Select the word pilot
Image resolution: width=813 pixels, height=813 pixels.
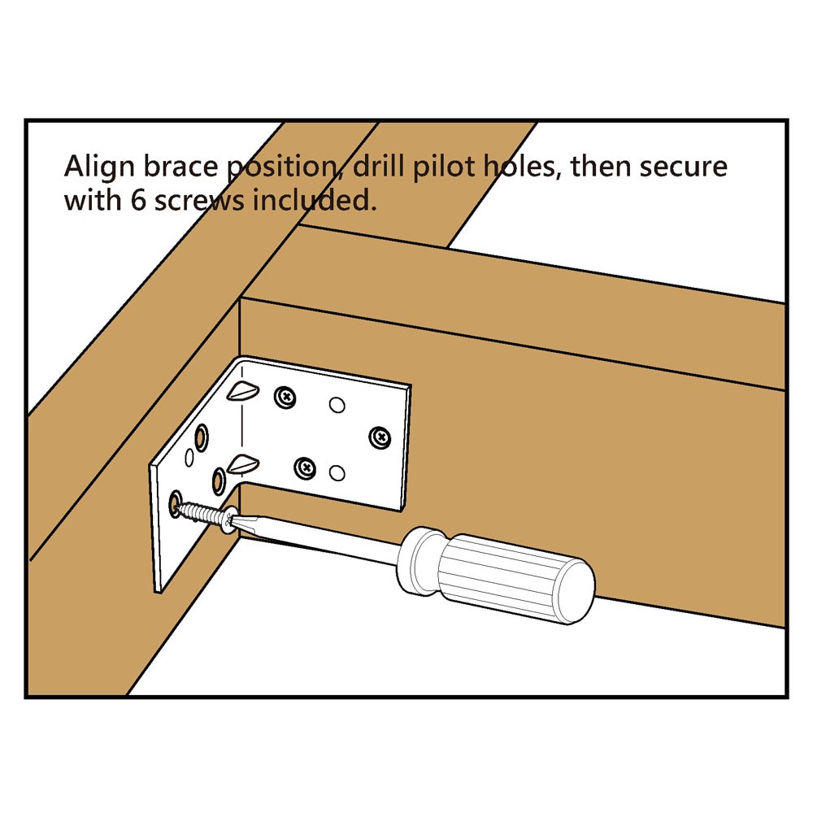click(451, 168)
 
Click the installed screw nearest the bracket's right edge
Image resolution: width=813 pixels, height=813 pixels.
click(379, 437)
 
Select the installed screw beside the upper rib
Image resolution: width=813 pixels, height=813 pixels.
click(285, 398)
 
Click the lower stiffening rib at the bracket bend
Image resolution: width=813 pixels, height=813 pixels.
click(242, 463)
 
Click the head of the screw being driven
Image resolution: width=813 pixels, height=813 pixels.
click(230, 520)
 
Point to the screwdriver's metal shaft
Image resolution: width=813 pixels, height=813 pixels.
click(325, 540)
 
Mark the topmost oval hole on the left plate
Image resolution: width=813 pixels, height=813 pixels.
click(199, 440)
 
